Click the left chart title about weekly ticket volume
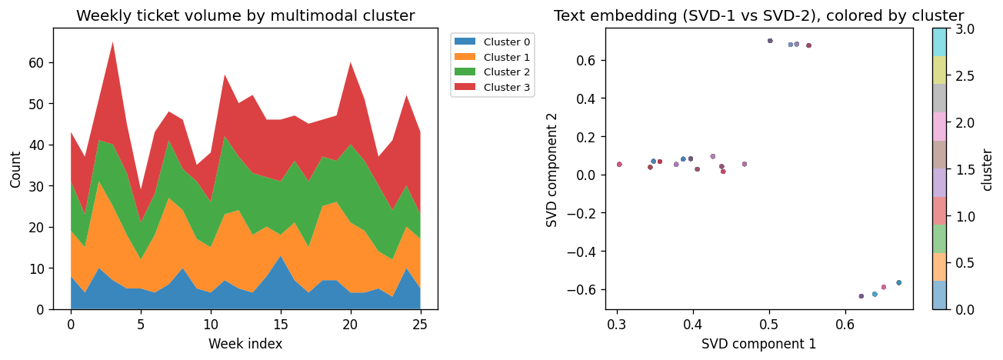[x=245, y=16]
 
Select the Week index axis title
[x=245, y=344]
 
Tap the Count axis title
[x=16, y=169]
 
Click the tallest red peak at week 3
[x=113, y=42]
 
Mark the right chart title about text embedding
[x=758, y=16]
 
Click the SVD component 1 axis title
[x=758, y=344]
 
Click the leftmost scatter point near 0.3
[x=619, y=164]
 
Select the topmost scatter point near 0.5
[x=770, y=41]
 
